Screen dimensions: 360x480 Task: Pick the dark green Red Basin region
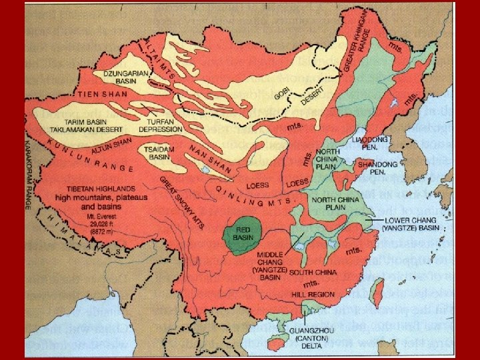click(x=245, y=235)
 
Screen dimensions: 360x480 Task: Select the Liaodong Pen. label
click(x=371, y=144)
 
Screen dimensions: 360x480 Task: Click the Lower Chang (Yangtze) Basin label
click(x=410, y=224)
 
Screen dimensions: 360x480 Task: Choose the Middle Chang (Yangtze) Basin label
click(x=269, y=264)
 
